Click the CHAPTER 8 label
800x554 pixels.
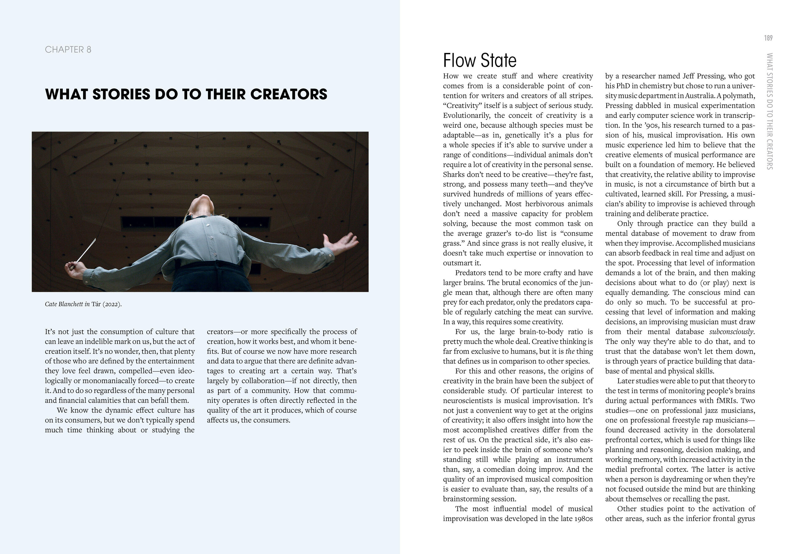point(68,50)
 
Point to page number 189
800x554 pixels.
point(768,38)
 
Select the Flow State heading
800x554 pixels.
point(479,60)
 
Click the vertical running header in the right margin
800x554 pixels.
point(769,111)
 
